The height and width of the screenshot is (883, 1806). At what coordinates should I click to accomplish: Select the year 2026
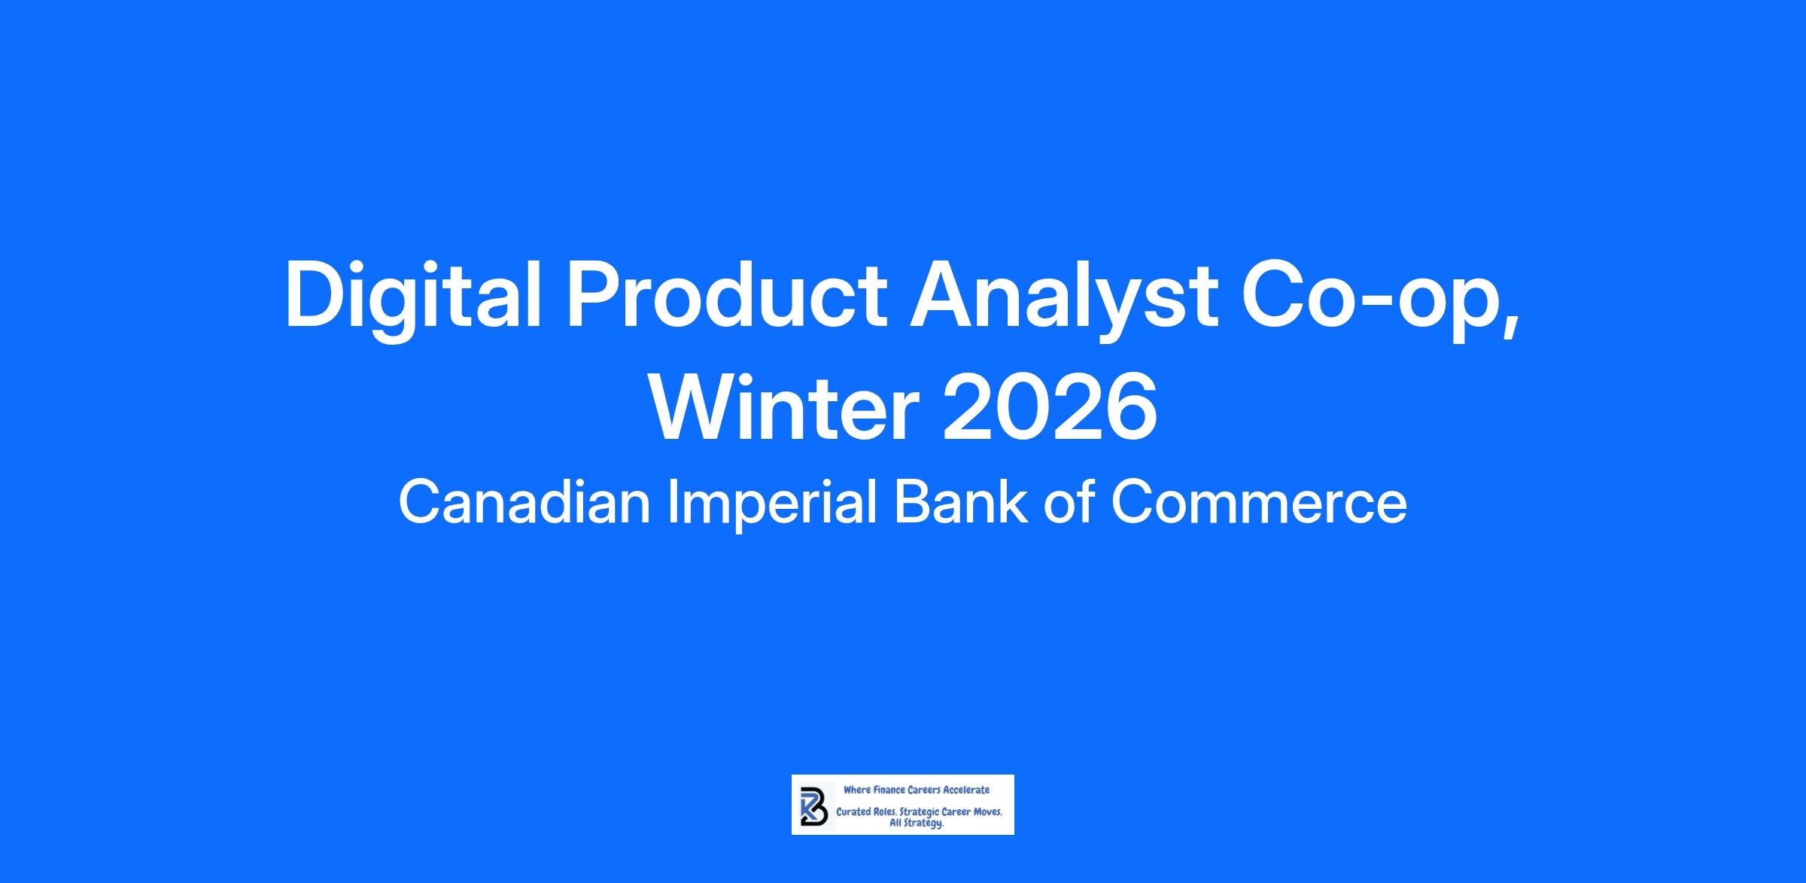pos(1050,408)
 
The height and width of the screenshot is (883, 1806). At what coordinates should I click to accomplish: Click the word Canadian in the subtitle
pos(524,502)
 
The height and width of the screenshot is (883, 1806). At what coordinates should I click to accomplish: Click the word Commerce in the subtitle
pos(1259,503)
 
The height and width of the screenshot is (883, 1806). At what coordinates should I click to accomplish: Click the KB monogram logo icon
pos(814,806)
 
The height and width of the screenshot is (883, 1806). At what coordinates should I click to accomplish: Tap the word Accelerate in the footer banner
pos(966,790)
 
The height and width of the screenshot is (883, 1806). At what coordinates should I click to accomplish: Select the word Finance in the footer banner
pos(889,790)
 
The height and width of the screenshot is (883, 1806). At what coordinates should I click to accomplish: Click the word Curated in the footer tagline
pos(853,812)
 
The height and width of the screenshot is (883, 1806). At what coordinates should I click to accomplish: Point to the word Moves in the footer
pos(987,812)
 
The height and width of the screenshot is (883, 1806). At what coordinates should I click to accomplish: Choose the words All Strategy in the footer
pos(917,824)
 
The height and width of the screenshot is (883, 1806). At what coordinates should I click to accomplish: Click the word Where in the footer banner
pos(857,790)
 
